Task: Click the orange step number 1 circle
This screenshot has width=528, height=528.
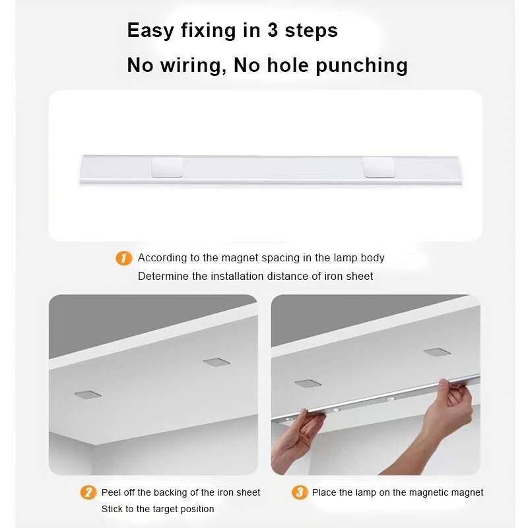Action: click(x=123, y=258)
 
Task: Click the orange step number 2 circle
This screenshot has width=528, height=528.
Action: click(x=88, y=492)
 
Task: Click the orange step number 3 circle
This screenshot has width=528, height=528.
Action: click(x=300, y=492)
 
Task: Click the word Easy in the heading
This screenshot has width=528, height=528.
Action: click(x=150, y=31)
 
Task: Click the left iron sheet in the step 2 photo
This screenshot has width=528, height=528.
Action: click(x=88, y=394)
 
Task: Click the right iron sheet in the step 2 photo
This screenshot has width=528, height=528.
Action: click(x=215, y=362)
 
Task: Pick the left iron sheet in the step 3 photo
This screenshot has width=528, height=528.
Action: click(x=308, y=383)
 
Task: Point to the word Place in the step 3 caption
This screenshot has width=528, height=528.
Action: click(x=325, y=492)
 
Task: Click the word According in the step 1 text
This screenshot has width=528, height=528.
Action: click(x=161, y=258)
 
